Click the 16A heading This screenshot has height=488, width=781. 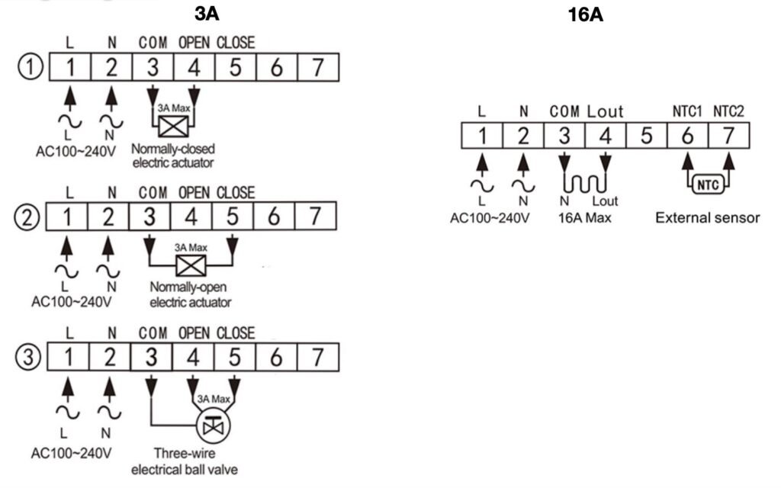pos(585,14)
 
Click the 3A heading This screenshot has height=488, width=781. pos(207,14)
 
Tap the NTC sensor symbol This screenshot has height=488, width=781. pos(708,185)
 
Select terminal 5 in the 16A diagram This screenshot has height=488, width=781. pos(646,136)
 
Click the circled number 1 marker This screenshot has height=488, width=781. pos(31,67)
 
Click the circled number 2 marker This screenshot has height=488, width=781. pos(27,217)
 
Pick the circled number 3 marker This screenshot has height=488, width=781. pos(28,358)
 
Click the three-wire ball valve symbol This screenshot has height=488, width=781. pos(214,426)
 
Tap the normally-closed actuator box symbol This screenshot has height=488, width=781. pos(173,127)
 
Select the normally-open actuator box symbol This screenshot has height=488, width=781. pos(191,265)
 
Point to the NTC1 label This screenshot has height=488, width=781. pos(687,111)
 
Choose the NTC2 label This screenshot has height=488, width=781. pos(728,111)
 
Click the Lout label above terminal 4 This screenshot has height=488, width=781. pos(605,111)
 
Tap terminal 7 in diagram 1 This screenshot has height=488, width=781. pos(318,67)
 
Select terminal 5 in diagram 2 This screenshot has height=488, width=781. pos(233,217)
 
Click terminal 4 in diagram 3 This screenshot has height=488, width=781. pos(193,357)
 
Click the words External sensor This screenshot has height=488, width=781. pos(707,218)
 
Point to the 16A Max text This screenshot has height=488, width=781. pos(584,218)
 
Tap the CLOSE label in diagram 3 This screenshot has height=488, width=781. pos(236,333)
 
